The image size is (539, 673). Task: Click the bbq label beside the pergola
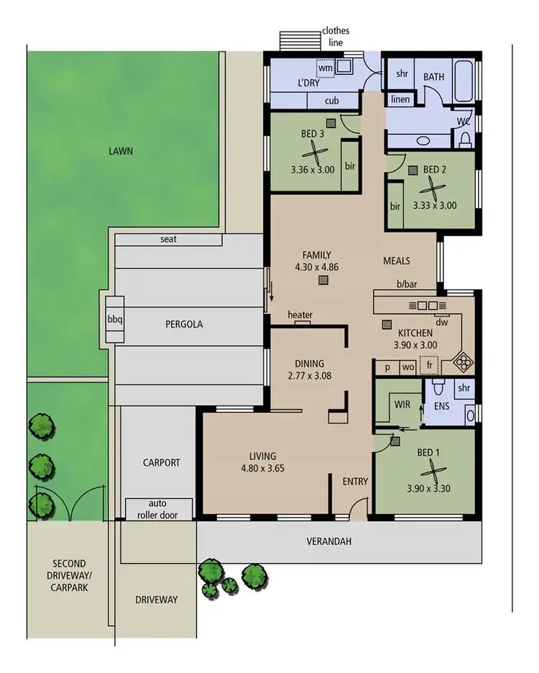(x=115, y=319)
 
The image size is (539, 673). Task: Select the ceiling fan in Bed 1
(x=429, y=474)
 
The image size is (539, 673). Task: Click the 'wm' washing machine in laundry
(x=326, y=68)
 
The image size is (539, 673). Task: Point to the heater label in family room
(x=300, y=315)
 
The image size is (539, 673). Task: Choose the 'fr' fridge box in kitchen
(x=429, y=366)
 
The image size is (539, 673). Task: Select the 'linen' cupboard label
(x=401, y=99)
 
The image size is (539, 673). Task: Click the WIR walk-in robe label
(x=402, y=405)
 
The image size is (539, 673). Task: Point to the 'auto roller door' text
(x=159, y=509)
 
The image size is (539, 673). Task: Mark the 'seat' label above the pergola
(x=169, y=239)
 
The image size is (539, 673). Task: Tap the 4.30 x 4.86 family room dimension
(x=316, y=267)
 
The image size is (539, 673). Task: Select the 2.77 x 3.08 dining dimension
(x=310, y=376)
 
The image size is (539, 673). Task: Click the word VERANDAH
(x=329, y=541)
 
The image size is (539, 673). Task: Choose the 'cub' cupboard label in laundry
(x=331, y=101)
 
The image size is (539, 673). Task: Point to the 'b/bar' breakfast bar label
(x=407, y=284)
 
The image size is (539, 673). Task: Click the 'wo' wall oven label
(x=407, y=367)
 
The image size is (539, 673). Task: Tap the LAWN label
(x=121, y=151)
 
